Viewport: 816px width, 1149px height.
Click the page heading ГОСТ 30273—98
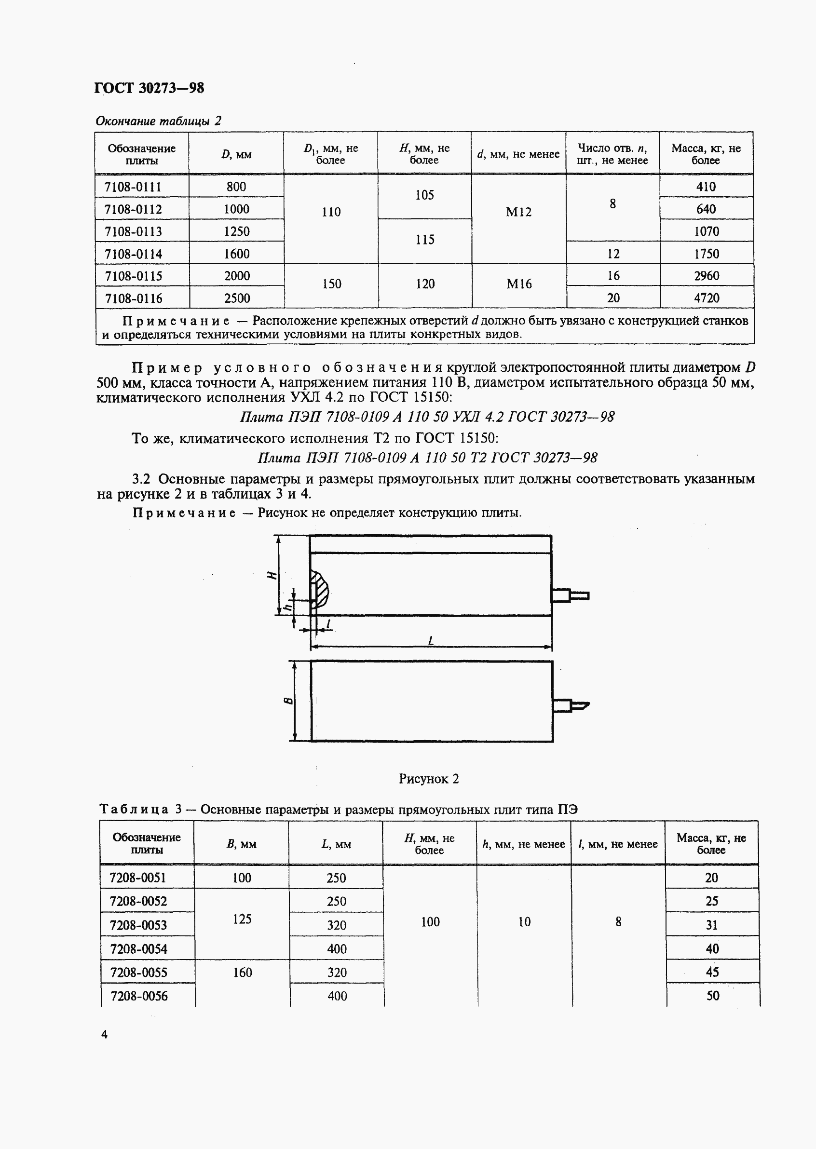(x=149, y=88)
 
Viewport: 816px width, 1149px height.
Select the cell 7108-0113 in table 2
(x=133, y=231)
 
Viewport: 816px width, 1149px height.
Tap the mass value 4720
(x=707, y=298)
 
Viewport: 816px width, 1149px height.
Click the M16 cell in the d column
(x=518, y=284)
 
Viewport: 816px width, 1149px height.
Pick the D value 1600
(x=236, y=254)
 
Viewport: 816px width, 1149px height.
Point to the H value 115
(x=424, y=240)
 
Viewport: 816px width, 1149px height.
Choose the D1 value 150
(x=331, y=284)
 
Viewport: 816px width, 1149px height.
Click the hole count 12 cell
(x=613, y=254)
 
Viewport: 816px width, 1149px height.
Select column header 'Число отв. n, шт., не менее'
(x=612, y=154)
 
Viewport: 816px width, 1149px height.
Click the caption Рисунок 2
(x=429, y=779)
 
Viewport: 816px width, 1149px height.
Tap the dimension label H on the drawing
(x=272, y=575)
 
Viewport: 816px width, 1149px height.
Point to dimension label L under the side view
(x=431, y=641)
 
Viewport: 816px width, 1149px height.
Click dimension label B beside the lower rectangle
(x=288, y=701)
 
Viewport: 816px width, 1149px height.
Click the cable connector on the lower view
(x=571, y=705)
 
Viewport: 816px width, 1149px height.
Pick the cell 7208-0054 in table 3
(x=138, y=949)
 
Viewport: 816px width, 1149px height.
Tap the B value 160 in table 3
(x=242, y=973)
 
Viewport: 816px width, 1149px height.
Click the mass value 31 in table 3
(x=711, y=925)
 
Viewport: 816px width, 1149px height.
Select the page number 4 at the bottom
(x=104, y=1034)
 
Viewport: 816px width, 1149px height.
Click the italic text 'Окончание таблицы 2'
(x=158, y=121)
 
